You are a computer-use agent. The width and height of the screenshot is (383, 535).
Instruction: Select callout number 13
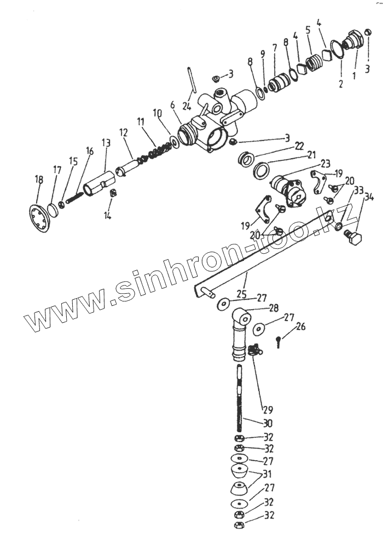(x=106, y=143)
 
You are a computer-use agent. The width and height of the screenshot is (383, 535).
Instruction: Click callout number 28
(x=274, y=307)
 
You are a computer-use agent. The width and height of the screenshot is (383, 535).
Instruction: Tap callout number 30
(x=268, y=423)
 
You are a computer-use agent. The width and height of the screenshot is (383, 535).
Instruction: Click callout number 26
(x=300, y=327)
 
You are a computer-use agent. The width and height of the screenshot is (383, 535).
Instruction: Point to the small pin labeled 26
(x=278, y=343)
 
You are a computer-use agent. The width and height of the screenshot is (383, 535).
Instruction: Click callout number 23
(x=325, y=163)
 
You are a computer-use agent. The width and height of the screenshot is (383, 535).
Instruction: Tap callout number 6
(x=172, y=105)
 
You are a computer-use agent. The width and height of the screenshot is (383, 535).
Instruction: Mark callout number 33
(x=358, y=190)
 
